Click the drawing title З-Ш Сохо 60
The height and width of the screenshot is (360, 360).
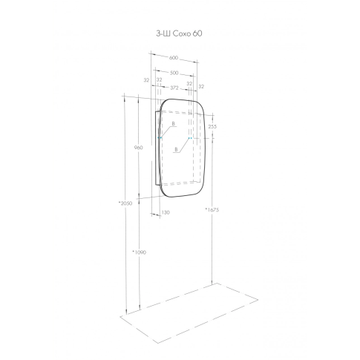[x=179, y=33]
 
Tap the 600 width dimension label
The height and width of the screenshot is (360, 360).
[x=174, y=58]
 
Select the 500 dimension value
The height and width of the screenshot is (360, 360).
[x=174, y=73]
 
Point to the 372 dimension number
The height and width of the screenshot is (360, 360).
[x=174, y=88]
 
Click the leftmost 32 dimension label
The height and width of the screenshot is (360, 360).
[x=147, y=80]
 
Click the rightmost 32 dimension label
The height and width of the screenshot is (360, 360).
[x=201, y=87]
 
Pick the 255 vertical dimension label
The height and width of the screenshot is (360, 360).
[x=212, y=126]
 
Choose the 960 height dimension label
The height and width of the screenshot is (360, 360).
[x=139, y=148]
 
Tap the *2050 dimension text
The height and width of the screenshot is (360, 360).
[x=125, y=203]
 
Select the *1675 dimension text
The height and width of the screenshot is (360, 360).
[x=212, y=210]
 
